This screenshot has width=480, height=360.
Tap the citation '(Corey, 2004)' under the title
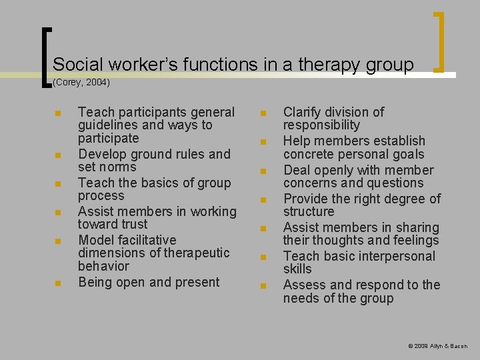pyautogui.click(x=81, y=83)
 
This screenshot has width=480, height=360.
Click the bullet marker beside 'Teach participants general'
pyautogui.click(x=59, y=113)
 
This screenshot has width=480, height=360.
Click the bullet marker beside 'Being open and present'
pyautogui.click(x=59, y=283)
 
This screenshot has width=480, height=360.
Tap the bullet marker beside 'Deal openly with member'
pyautogui.click(x=263, y=171)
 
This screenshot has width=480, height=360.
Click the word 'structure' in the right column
pyautogui.click(x=309, y=211)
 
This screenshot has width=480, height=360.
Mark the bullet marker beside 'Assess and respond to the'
pyautogui.click(x=263, y=286)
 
